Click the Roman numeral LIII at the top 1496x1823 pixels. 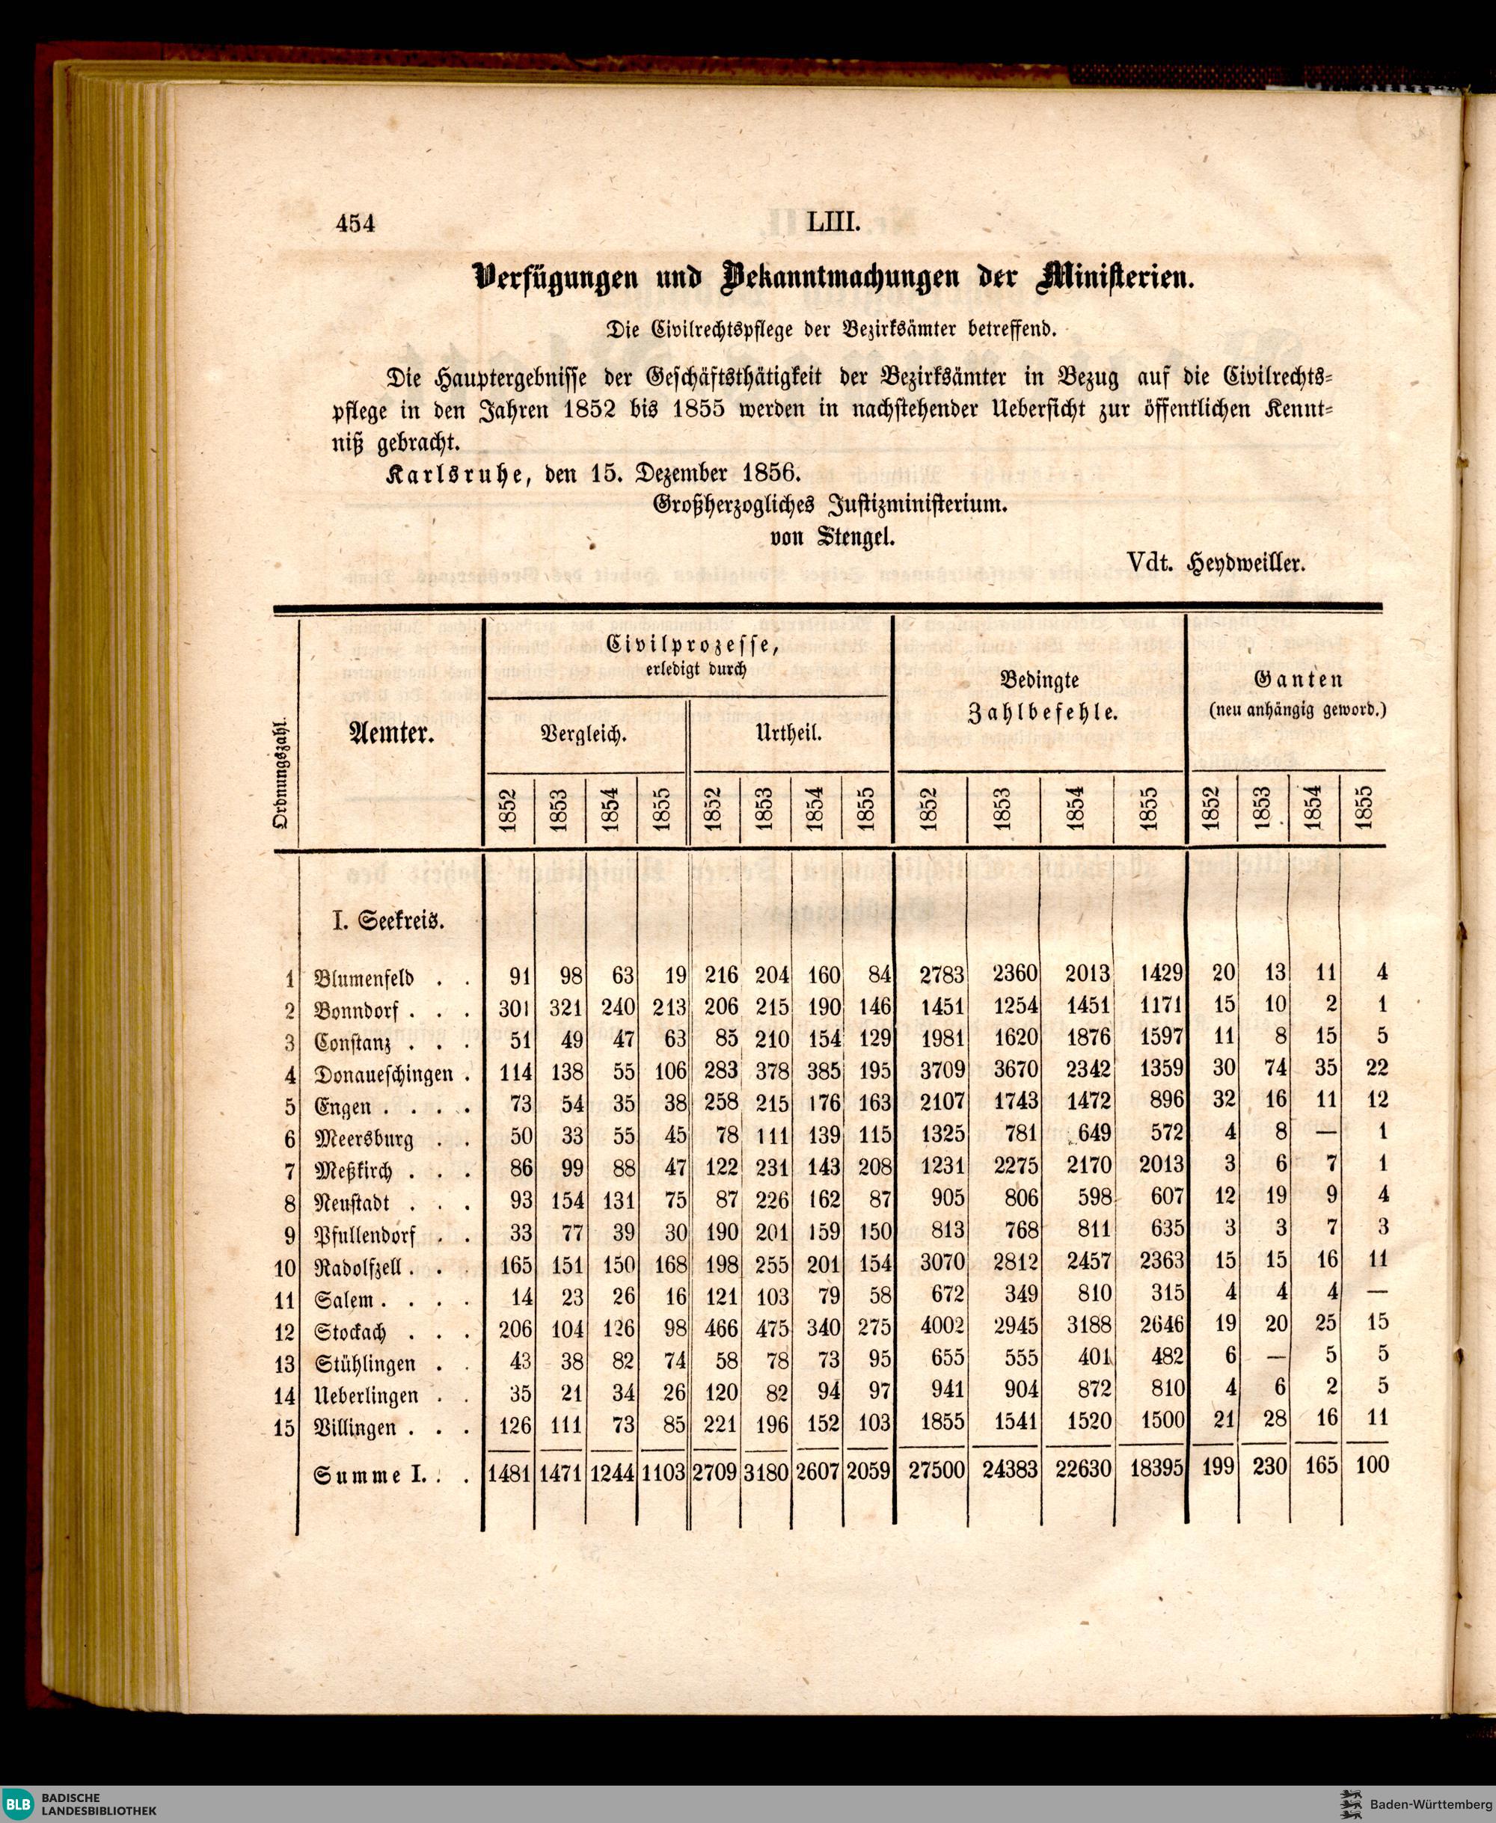(833, 223)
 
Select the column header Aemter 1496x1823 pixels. (390, 734)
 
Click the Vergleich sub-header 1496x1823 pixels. (583, 735)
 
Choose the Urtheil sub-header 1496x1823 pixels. (788, 735)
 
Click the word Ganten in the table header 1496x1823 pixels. (1299, 680)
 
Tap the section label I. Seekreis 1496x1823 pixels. (389, 921)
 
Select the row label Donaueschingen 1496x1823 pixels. (384, 1075)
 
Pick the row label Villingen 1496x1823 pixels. (355, 1428)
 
